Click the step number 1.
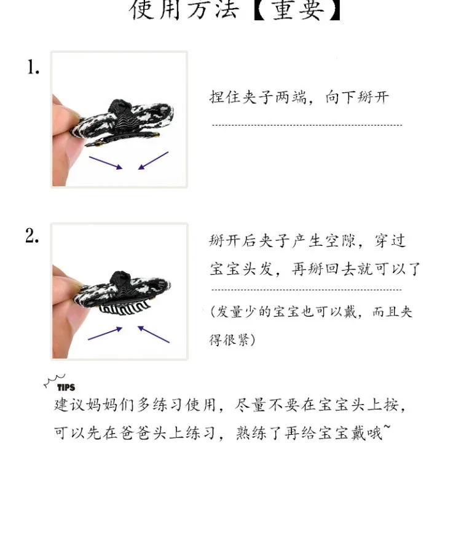click(33, 68)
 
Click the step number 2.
click(33, 236)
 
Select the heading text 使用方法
click(183, 10)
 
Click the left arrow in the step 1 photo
click(105, 162)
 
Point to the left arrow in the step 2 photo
click(105, 333)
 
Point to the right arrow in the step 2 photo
click(153, 334)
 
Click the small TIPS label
click(66, 387)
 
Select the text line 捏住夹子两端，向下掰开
click(299, 98)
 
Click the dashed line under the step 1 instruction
click(307, 125)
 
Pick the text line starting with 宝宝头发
click(314, 269)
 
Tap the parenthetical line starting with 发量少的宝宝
click(311, 312)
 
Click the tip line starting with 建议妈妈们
click(230, 405)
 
